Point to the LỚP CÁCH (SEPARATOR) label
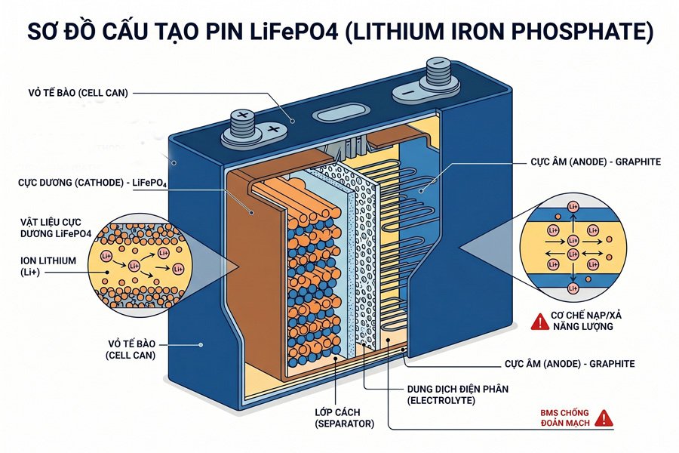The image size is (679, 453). tap(344, 418)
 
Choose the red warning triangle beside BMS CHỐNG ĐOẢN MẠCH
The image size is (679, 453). tap(603, 418)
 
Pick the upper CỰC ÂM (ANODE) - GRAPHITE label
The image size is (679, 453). tap(590, 162)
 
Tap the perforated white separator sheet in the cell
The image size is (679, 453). tap(361, 249)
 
